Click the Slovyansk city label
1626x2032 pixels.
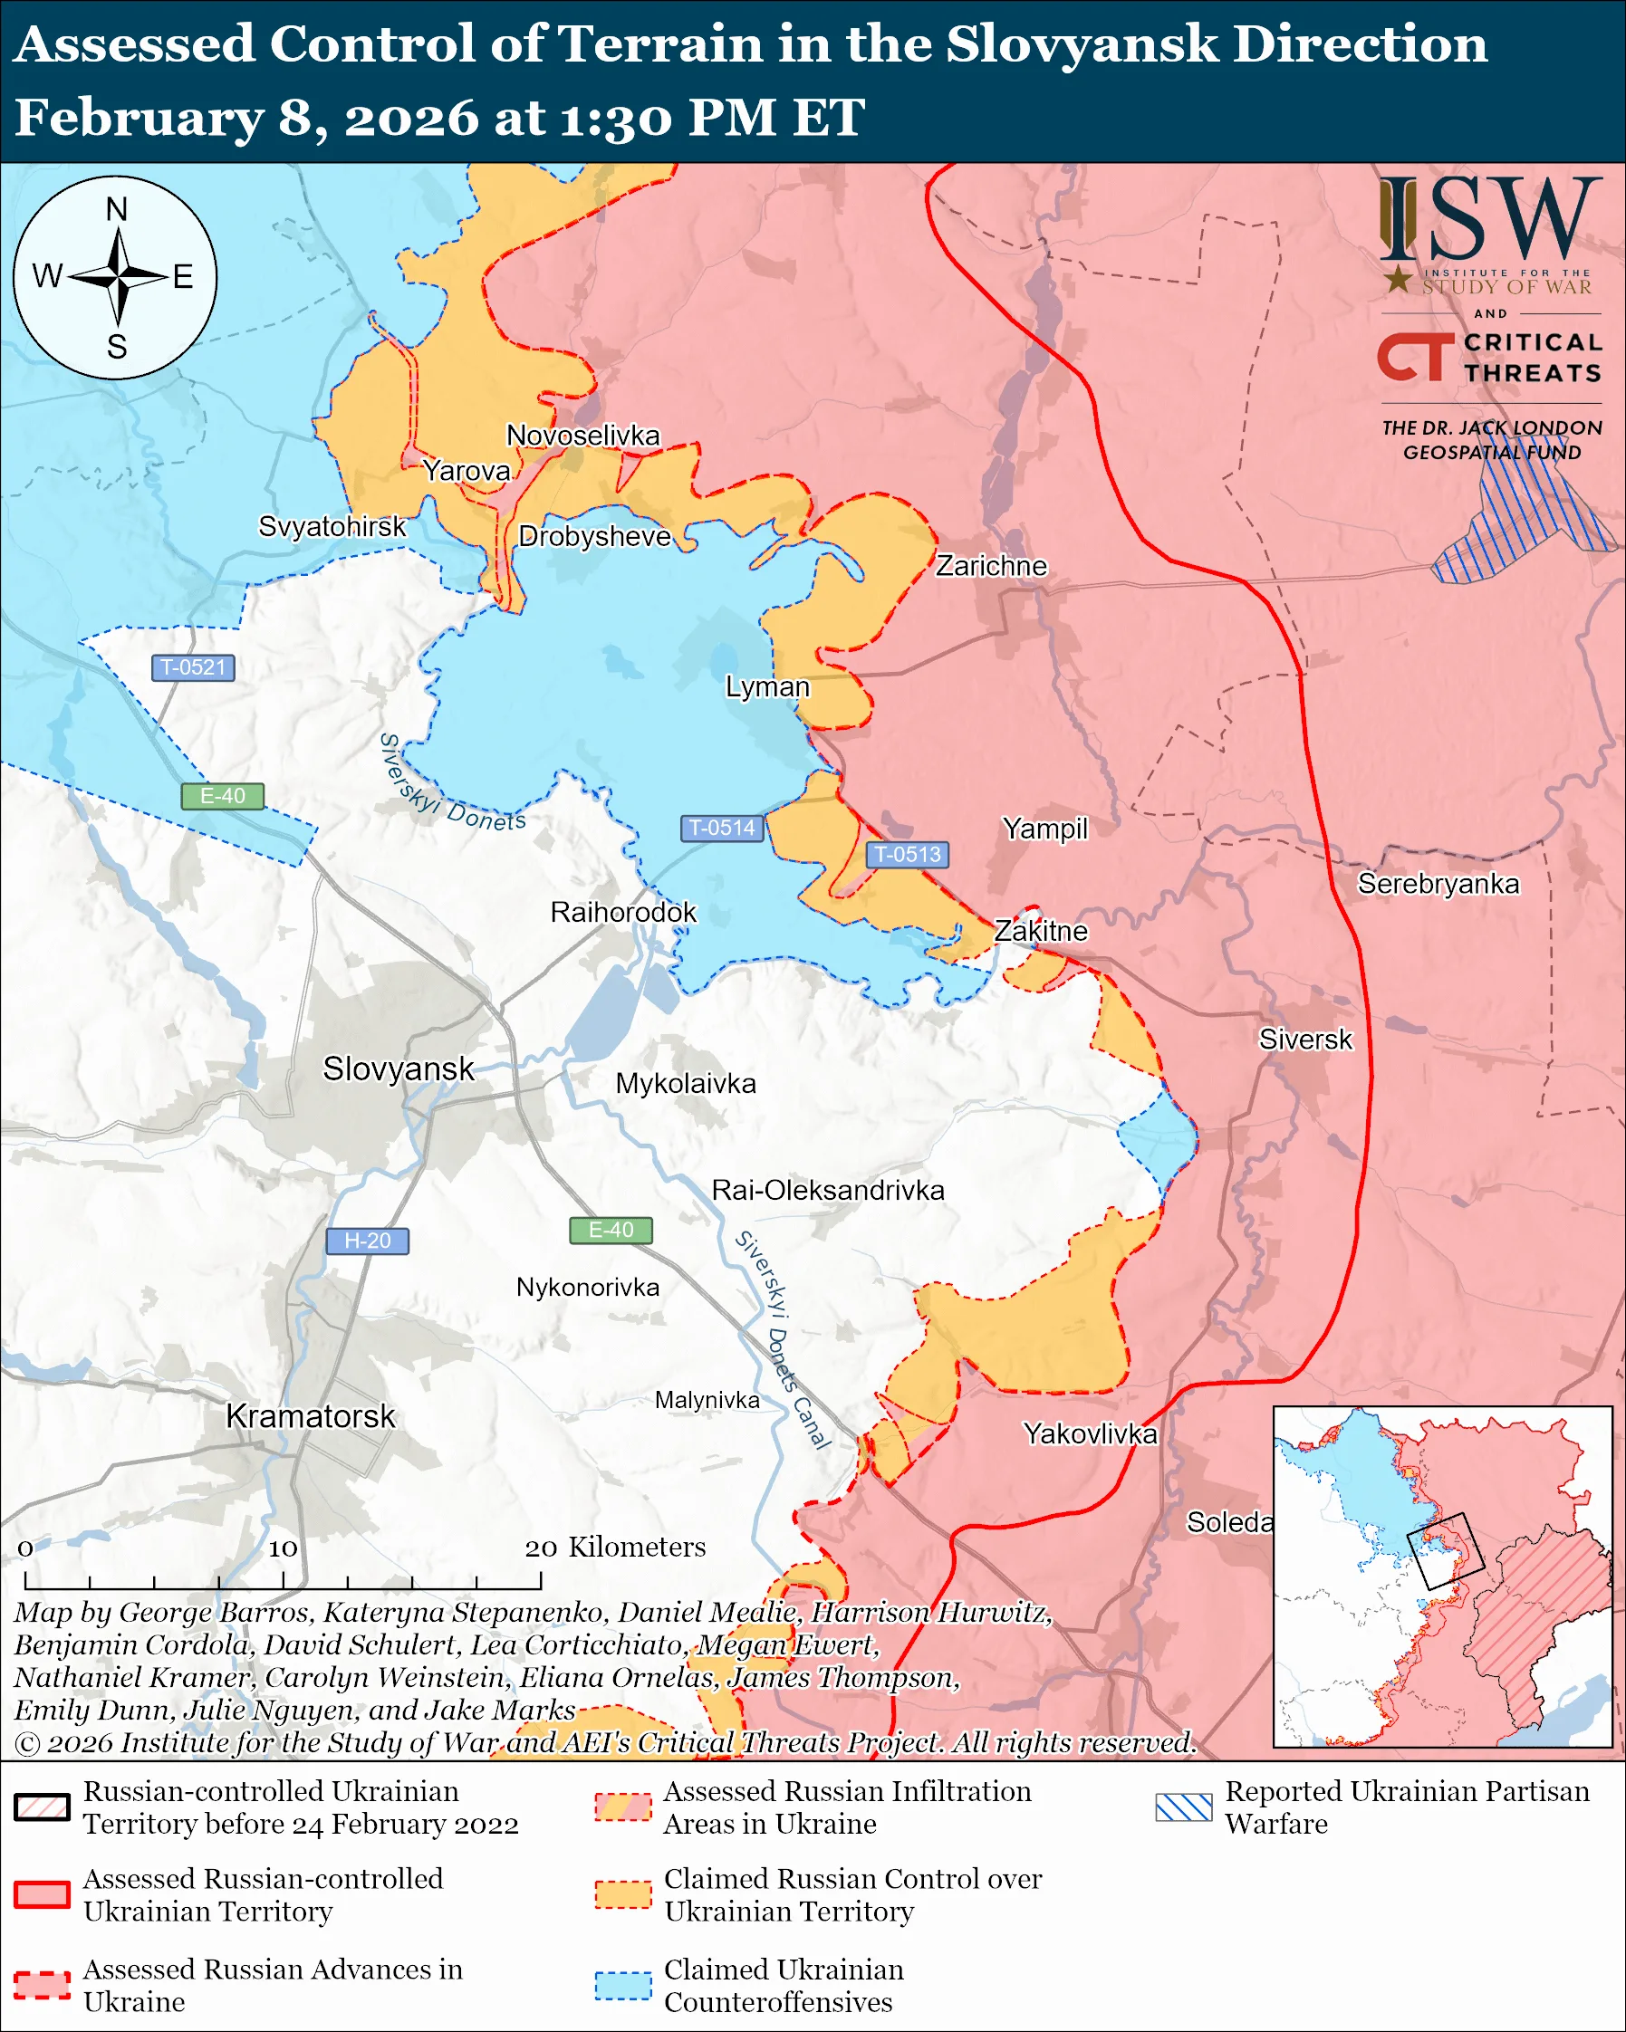tap(398, 1069)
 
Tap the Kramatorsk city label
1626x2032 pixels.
tap(310, 1416)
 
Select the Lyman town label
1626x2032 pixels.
tap(767, 686)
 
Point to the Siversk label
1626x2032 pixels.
tap(1304, 1040)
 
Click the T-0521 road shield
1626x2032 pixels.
tap(193, 667)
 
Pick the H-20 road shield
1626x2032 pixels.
tap(367, 1241)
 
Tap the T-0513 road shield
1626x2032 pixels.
tap(907, 854)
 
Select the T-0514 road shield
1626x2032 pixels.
tap(722, 828)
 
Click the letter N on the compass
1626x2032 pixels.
tap(116, 209)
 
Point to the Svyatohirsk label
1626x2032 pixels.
tap(332, 526)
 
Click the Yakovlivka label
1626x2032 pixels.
tap(1090, 1433)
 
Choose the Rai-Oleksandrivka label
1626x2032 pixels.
tap(828, 1190)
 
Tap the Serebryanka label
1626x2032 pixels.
tap(1438, 883)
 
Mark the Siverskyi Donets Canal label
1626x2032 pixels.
tap(783, 1339)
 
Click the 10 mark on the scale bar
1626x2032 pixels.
tap(283, 1548)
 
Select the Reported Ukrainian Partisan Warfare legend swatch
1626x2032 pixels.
tap(1183, 1807)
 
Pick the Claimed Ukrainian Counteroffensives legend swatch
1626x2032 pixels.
tap(622, 1985)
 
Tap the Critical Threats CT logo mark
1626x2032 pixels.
tap(1414, 356)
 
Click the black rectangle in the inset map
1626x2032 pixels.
tap(1445, 1551)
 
